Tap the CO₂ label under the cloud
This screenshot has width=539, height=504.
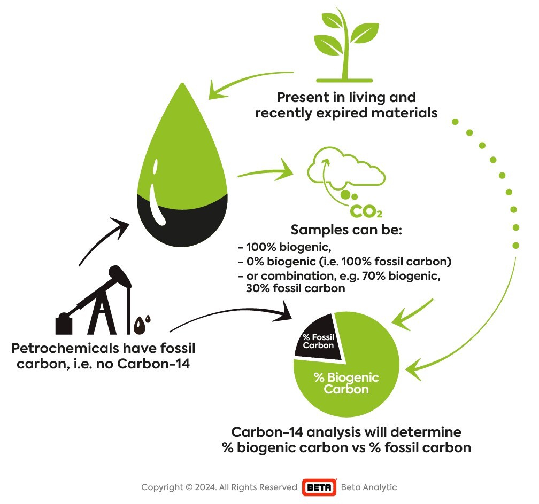click(x=366, y=211)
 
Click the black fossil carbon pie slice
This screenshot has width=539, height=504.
click(x=320, y=338)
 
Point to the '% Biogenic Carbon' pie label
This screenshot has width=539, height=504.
click(x=346, y=383)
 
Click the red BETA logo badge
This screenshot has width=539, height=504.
click(x=319, y=487)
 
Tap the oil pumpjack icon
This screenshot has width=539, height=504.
click(x=94, y=300)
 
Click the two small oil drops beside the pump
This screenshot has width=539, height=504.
click(x=142, y=325)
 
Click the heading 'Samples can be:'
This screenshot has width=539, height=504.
click(x=346, y=230)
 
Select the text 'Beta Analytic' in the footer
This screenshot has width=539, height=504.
click(x=369, y=487)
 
